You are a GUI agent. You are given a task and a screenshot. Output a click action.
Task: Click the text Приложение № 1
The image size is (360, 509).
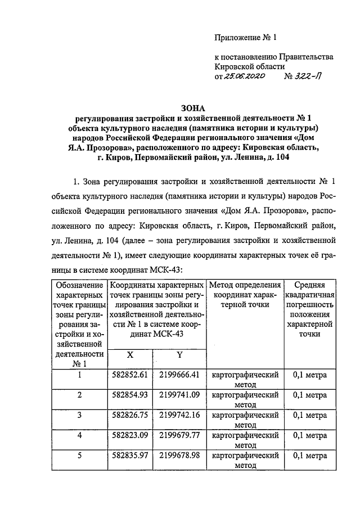pos(246,38)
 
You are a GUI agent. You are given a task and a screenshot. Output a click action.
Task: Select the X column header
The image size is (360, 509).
pos(130,355)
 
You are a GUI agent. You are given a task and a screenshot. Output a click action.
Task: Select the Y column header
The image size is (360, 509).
pos(179,355)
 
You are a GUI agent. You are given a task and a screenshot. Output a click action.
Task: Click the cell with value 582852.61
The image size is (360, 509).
pos(130,375)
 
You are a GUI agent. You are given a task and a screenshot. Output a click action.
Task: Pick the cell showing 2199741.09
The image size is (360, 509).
pos(179,395)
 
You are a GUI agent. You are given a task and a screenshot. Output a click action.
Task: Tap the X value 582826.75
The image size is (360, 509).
pos(130,415)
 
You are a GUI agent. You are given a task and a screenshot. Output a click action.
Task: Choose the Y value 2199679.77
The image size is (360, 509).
pos(179,435)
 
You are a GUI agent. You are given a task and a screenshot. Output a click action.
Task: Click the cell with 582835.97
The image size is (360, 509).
pos(130,455)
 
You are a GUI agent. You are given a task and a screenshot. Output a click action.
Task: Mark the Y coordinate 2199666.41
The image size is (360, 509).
pos(179,375)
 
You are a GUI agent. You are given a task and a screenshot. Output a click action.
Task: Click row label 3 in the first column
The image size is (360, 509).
pos(80,415)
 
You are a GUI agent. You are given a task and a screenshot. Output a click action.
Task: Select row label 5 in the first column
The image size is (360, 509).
pos(80,455)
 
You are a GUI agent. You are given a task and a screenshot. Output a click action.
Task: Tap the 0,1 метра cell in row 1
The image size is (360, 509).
pos(310,375)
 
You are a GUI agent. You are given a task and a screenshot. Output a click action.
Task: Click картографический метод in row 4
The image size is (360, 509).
pos(246,440)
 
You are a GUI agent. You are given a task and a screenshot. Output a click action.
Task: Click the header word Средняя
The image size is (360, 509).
pos(310,285)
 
